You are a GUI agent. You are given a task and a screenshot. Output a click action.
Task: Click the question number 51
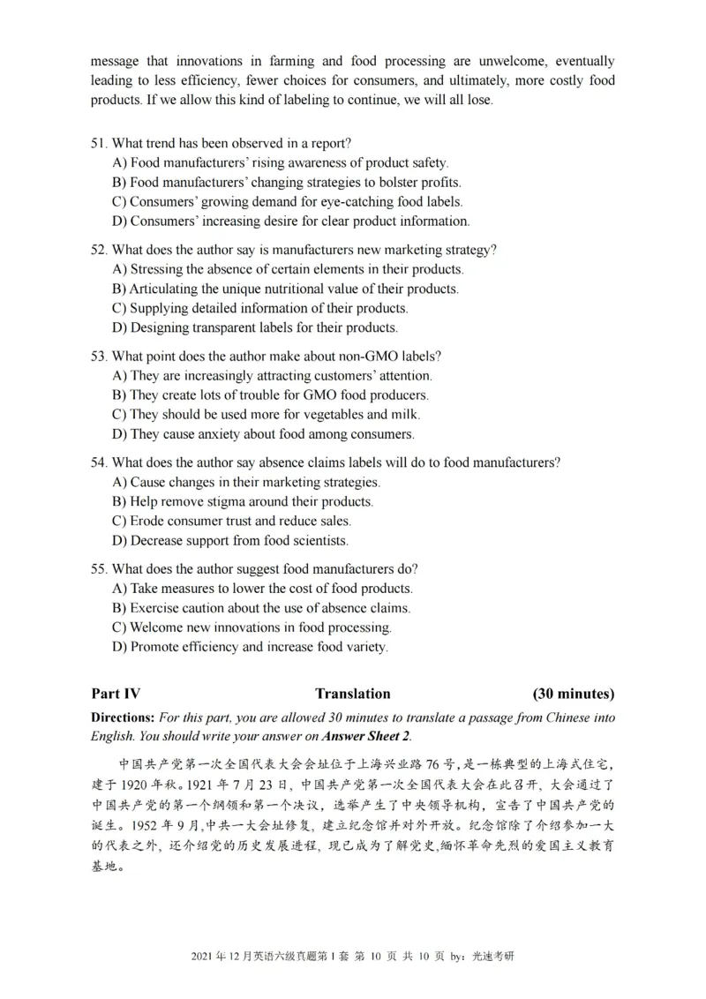pos(99,144)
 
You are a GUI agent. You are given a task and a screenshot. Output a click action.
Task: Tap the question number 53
pos(99,356)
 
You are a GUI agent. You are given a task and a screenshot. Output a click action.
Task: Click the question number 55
pos(99,568)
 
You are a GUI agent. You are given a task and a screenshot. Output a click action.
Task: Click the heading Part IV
pos(116,694)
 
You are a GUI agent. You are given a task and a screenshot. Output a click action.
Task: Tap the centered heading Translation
pos(352,694)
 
